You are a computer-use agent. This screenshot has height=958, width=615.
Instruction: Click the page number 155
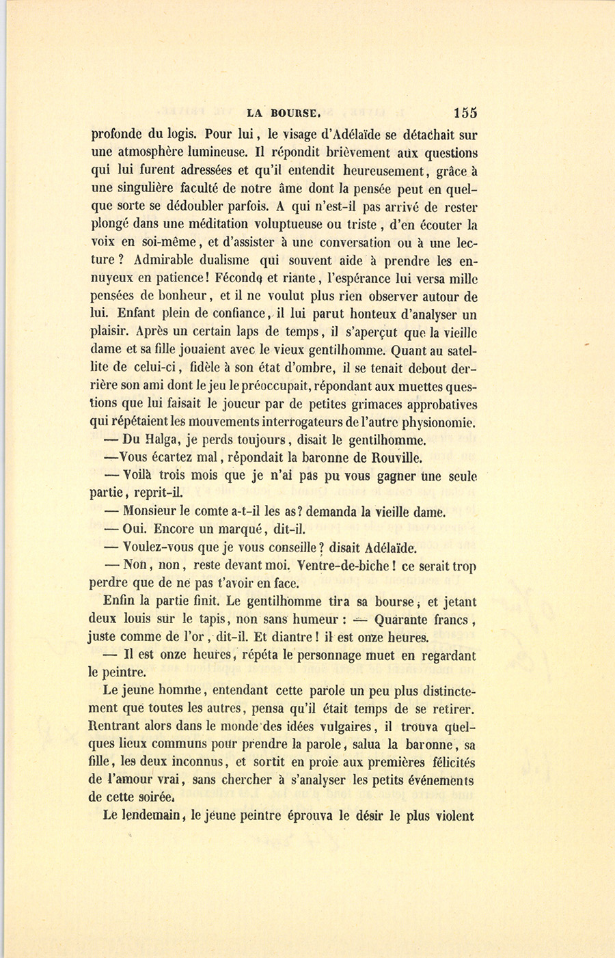[x=465, y=113]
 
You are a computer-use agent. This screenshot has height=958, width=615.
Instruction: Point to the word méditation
[x=199, y=224]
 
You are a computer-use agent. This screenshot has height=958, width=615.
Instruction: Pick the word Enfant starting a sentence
[x=111, y=314]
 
